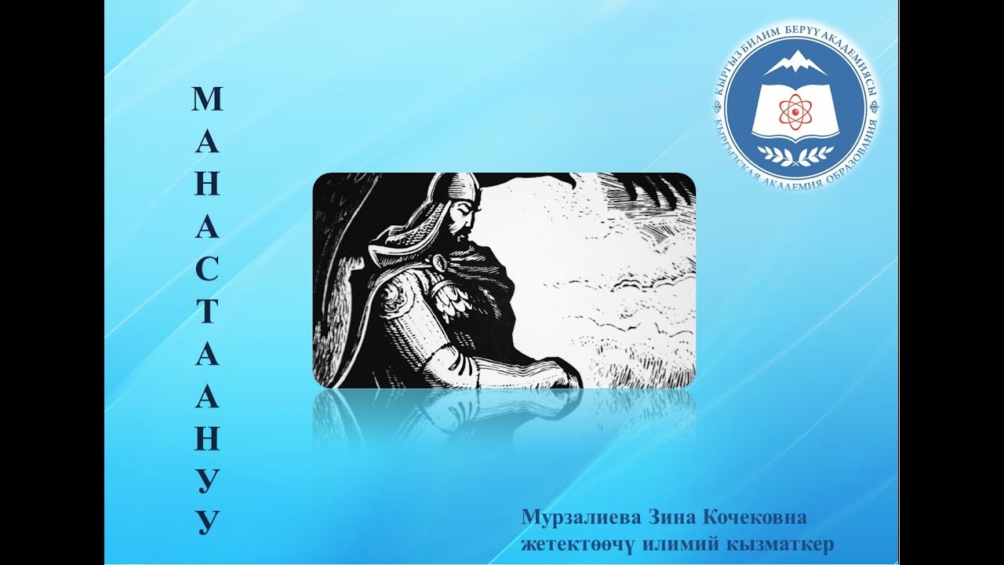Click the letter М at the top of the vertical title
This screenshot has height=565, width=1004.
(x=207, y=99)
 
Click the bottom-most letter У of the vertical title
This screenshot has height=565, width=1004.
(x=207, y=521)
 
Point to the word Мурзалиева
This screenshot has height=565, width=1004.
(x=580, y=519)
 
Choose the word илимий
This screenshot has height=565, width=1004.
(x=676, y=544)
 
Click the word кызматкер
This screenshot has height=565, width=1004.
(x=780, y=544)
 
